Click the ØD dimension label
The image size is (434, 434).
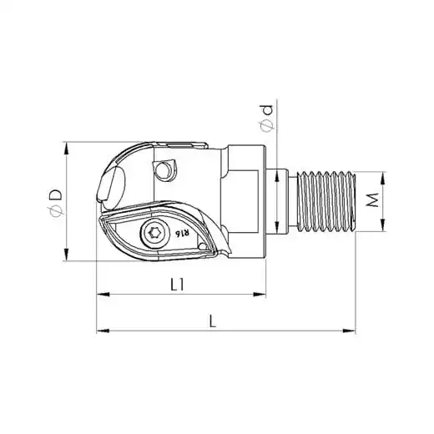coord(56,202)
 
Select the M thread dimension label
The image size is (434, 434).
coord(373,199)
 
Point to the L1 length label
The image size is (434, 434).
coord(178,285)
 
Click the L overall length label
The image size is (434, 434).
coord(213,321)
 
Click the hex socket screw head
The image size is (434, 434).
coord(155,233)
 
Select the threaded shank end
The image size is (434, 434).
coord(326,201)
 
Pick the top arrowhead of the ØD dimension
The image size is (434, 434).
coord(66,149)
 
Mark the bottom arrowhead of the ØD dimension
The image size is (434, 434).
coord(66,255)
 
